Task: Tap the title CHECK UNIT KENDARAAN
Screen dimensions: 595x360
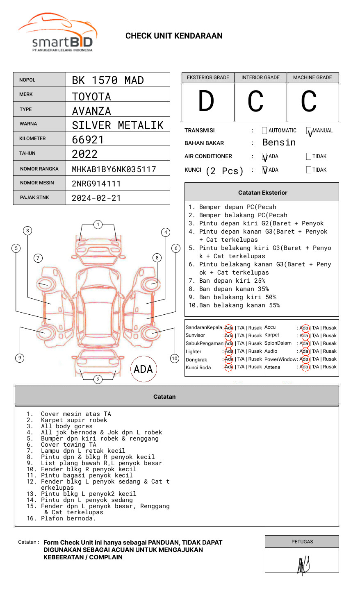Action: click(x=174, y=36)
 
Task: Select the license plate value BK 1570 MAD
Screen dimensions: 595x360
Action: click(x=108, y=80)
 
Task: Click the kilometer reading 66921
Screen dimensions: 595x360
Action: click(x=88, y=140)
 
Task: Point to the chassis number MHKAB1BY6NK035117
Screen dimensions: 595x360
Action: click(x=114, y=169)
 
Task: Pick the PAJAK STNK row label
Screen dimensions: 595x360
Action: click(x=34, y=198)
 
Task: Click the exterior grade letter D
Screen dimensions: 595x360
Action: click(x=206, y=101)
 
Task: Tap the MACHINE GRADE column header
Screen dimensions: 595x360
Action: click(x=312, y=77)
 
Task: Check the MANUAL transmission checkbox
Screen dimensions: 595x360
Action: click(x=309, y=131)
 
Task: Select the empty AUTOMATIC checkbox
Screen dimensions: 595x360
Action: click(x=264, y=131)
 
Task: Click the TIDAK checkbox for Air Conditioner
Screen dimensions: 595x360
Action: click(x=309, y=156)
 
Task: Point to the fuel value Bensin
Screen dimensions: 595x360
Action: click(x=279, y=143)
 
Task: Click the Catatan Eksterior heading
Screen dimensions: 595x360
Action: click(x=262, y=193)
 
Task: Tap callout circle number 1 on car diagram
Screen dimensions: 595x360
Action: click(x=98, y=225)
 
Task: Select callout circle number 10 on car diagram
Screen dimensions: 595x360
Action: click(x=175, y=359)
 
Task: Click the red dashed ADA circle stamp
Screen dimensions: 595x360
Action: click(x=143, y=369)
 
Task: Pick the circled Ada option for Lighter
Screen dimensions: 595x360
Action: click(x=229, y=351)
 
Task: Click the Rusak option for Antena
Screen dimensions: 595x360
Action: click(x=329, y=367)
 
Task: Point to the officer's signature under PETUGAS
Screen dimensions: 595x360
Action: click(x=303, y=565)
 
